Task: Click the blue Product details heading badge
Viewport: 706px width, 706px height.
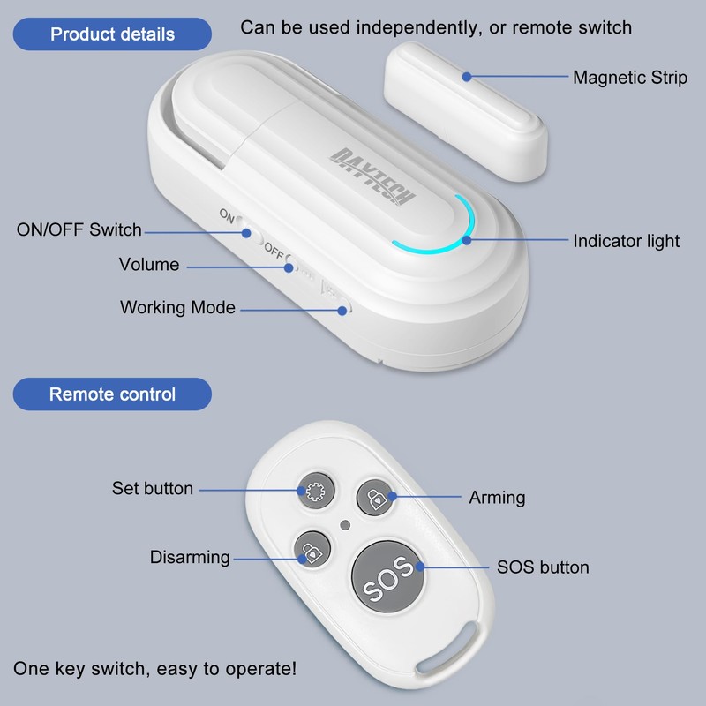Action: (x=112, y=34)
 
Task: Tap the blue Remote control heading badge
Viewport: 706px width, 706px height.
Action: (x=112, y=394)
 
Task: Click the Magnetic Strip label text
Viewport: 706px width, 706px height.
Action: (x=630, y=77)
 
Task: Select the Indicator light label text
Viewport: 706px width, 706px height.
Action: (x=627, y=240)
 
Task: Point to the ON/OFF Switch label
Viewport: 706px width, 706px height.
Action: (x=79, y=229)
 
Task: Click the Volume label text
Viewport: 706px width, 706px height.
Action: (x=149, y=264)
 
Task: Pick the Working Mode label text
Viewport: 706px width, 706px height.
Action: (x=177, y=307)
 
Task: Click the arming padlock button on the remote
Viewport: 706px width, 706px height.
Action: (x=376, y=497)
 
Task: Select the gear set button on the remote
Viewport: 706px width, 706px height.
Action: (x=313, y=491)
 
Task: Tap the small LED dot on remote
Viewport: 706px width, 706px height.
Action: (x=345, y=525)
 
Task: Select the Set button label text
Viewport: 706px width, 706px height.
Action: (x=152, y=487)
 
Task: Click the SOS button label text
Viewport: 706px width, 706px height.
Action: (x=543, y=567)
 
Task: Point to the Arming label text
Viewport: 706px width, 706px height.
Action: (x=497, y=498)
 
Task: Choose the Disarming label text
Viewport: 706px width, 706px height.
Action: (x=189, y=557)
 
